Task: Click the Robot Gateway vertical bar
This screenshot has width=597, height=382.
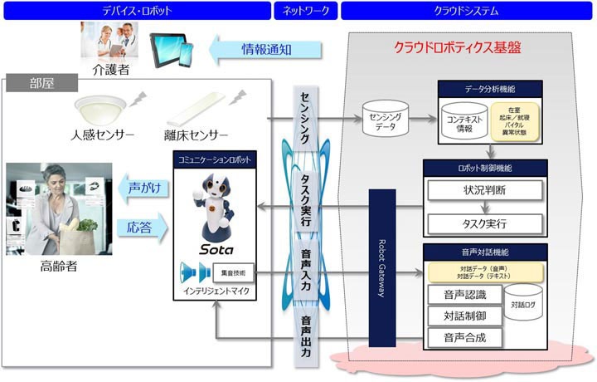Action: coord(381,266)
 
